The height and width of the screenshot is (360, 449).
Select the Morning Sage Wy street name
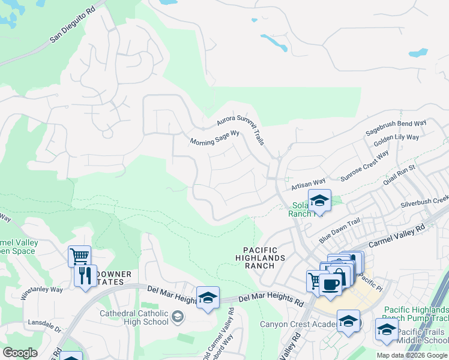pos(215,139)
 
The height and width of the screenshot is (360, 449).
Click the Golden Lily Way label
pos(396,142)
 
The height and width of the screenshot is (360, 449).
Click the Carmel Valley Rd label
pos(396,235)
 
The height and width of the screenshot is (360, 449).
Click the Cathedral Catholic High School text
pos(134,317)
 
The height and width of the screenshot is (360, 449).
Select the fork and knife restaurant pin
pos(85,277)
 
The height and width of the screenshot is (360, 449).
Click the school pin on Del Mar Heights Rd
pos(208,298)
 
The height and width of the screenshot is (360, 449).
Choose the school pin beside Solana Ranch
pos(319,200)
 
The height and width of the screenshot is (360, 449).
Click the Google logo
pos(20,353)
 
